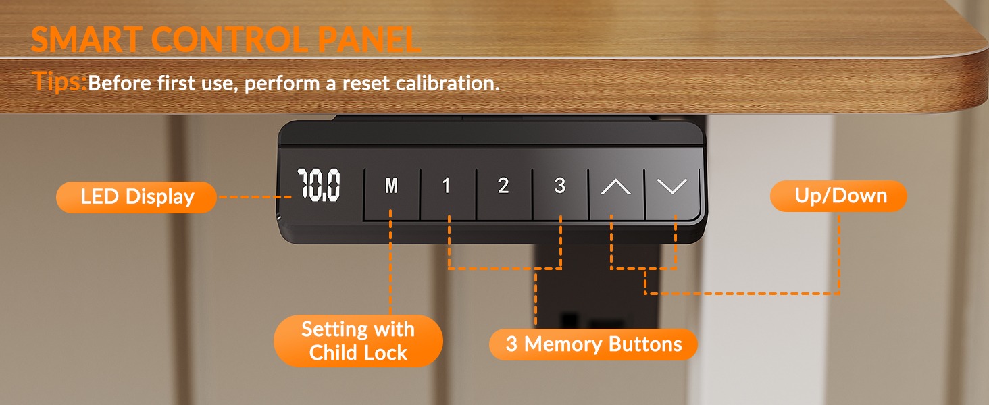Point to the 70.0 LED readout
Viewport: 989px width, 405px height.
[318, 186]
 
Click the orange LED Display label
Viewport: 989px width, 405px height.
[136, 197]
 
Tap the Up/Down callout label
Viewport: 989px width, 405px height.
[838, 196]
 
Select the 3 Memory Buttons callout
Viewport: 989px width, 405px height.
[593, 344]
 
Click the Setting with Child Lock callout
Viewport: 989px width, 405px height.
[358, 341]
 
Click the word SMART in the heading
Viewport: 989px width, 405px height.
[86, 40]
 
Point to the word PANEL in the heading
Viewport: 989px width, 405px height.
[369, 40]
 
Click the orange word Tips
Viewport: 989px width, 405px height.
[59, 82]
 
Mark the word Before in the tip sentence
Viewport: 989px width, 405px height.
[120, 83]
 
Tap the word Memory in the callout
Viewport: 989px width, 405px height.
[563, 344]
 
